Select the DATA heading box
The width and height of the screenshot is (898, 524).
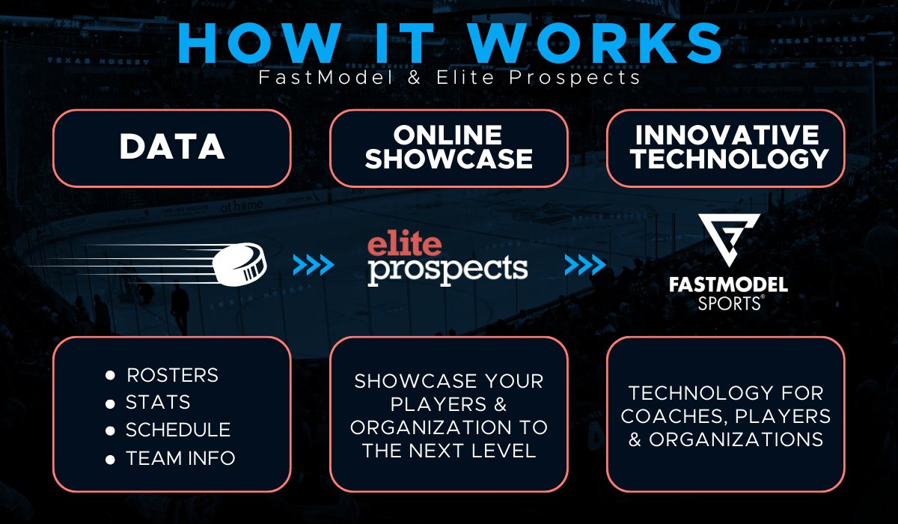pos(171,147)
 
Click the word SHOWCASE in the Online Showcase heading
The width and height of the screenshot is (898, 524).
pos(449,159)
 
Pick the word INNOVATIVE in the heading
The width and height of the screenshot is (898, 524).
pos(726,135)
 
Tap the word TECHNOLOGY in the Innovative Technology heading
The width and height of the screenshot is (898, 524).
pos(726,159)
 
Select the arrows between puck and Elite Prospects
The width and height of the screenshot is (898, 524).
pos(312,264)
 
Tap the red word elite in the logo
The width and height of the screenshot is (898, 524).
pos(405,244)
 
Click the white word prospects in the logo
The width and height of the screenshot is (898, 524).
pos(448,269)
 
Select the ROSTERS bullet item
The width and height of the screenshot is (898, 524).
pos(172,374)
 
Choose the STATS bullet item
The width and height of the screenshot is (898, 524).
pos(158,402)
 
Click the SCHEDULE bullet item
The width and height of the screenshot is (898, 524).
pos(178,430)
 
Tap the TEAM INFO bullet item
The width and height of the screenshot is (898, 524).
pos(180,457)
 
